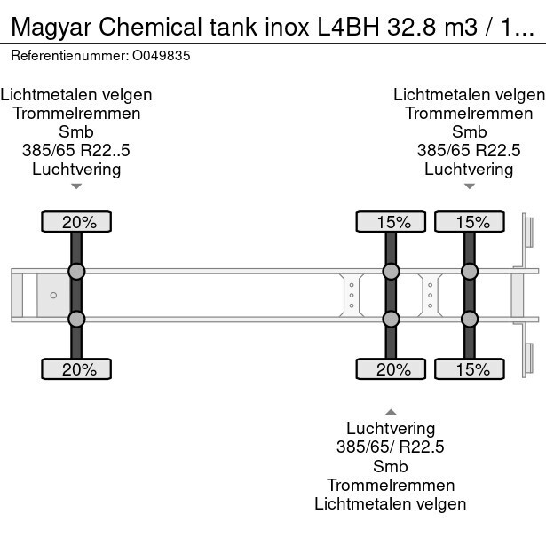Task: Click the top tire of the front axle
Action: tap(75, 222)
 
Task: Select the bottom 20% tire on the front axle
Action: tap(75, 369)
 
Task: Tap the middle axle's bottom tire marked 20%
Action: tap(390, 369)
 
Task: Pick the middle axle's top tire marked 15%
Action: tap(390, 222)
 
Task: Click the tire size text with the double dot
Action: tap(76, 150)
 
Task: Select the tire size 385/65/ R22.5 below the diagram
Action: tap(390, 447)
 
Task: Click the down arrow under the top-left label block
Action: tap(76, 186)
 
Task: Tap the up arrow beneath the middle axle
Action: tap(390, 411)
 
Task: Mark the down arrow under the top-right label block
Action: tap(469, 186)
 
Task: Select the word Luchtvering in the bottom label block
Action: tap(390, 429)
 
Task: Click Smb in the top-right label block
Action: tap(469, 131)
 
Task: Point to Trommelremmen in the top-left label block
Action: tap(76, 113)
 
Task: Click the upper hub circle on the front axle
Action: tap(76, 272)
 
